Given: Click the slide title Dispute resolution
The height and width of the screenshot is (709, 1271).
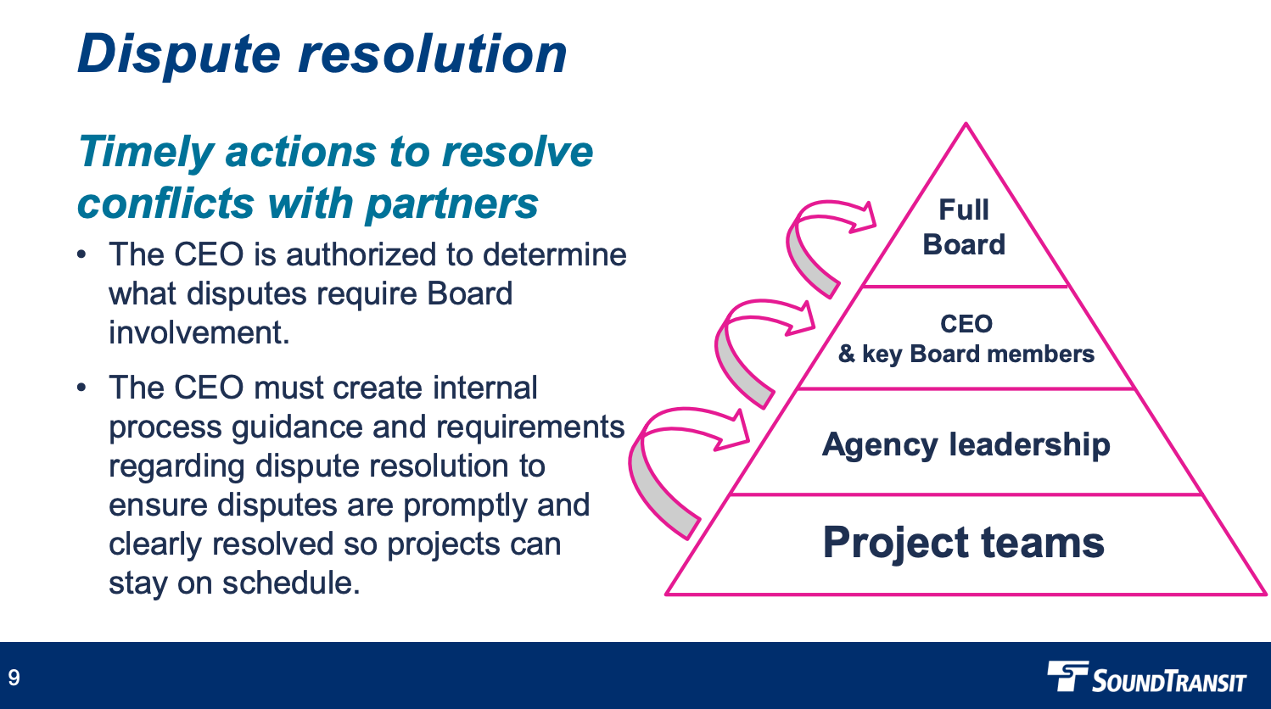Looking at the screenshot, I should (x=322, y=54).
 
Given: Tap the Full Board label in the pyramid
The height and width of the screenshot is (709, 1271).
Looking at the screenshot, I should (x=964, y=227).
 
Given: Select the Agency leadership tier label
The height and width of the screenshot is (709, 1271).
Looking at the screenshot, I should (x=966, y=444).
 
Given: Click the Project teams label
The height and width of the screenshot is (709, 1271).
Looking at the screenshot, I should (x=963, y=543).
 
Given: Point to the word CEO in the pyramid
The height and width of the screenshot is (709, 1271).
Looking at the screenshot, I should (x=966, y=324).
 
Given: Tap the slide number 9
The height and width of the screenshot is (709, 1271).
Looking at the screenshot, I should (x=14, y=678).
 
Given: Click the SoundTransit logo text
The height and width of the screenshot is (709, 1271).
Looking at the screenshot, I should (x=1168, y=681).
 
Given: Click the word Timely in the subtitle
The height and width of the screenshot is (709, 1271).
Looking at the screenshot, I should (x=145, y=153).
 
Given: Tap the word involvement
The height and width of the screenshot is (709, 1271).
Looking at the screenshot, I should (x=199, y=333).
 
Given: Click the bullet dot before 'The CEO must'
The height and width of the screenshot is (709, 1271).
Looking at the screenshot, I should (x=81, y=388).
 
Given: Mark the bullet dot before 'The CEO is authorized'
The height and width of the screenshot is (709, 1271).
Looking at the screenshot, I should (x=81, y=255).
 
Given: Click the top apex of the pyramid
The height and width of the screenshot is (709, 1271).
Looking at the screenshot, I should (x=966, y=125).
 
